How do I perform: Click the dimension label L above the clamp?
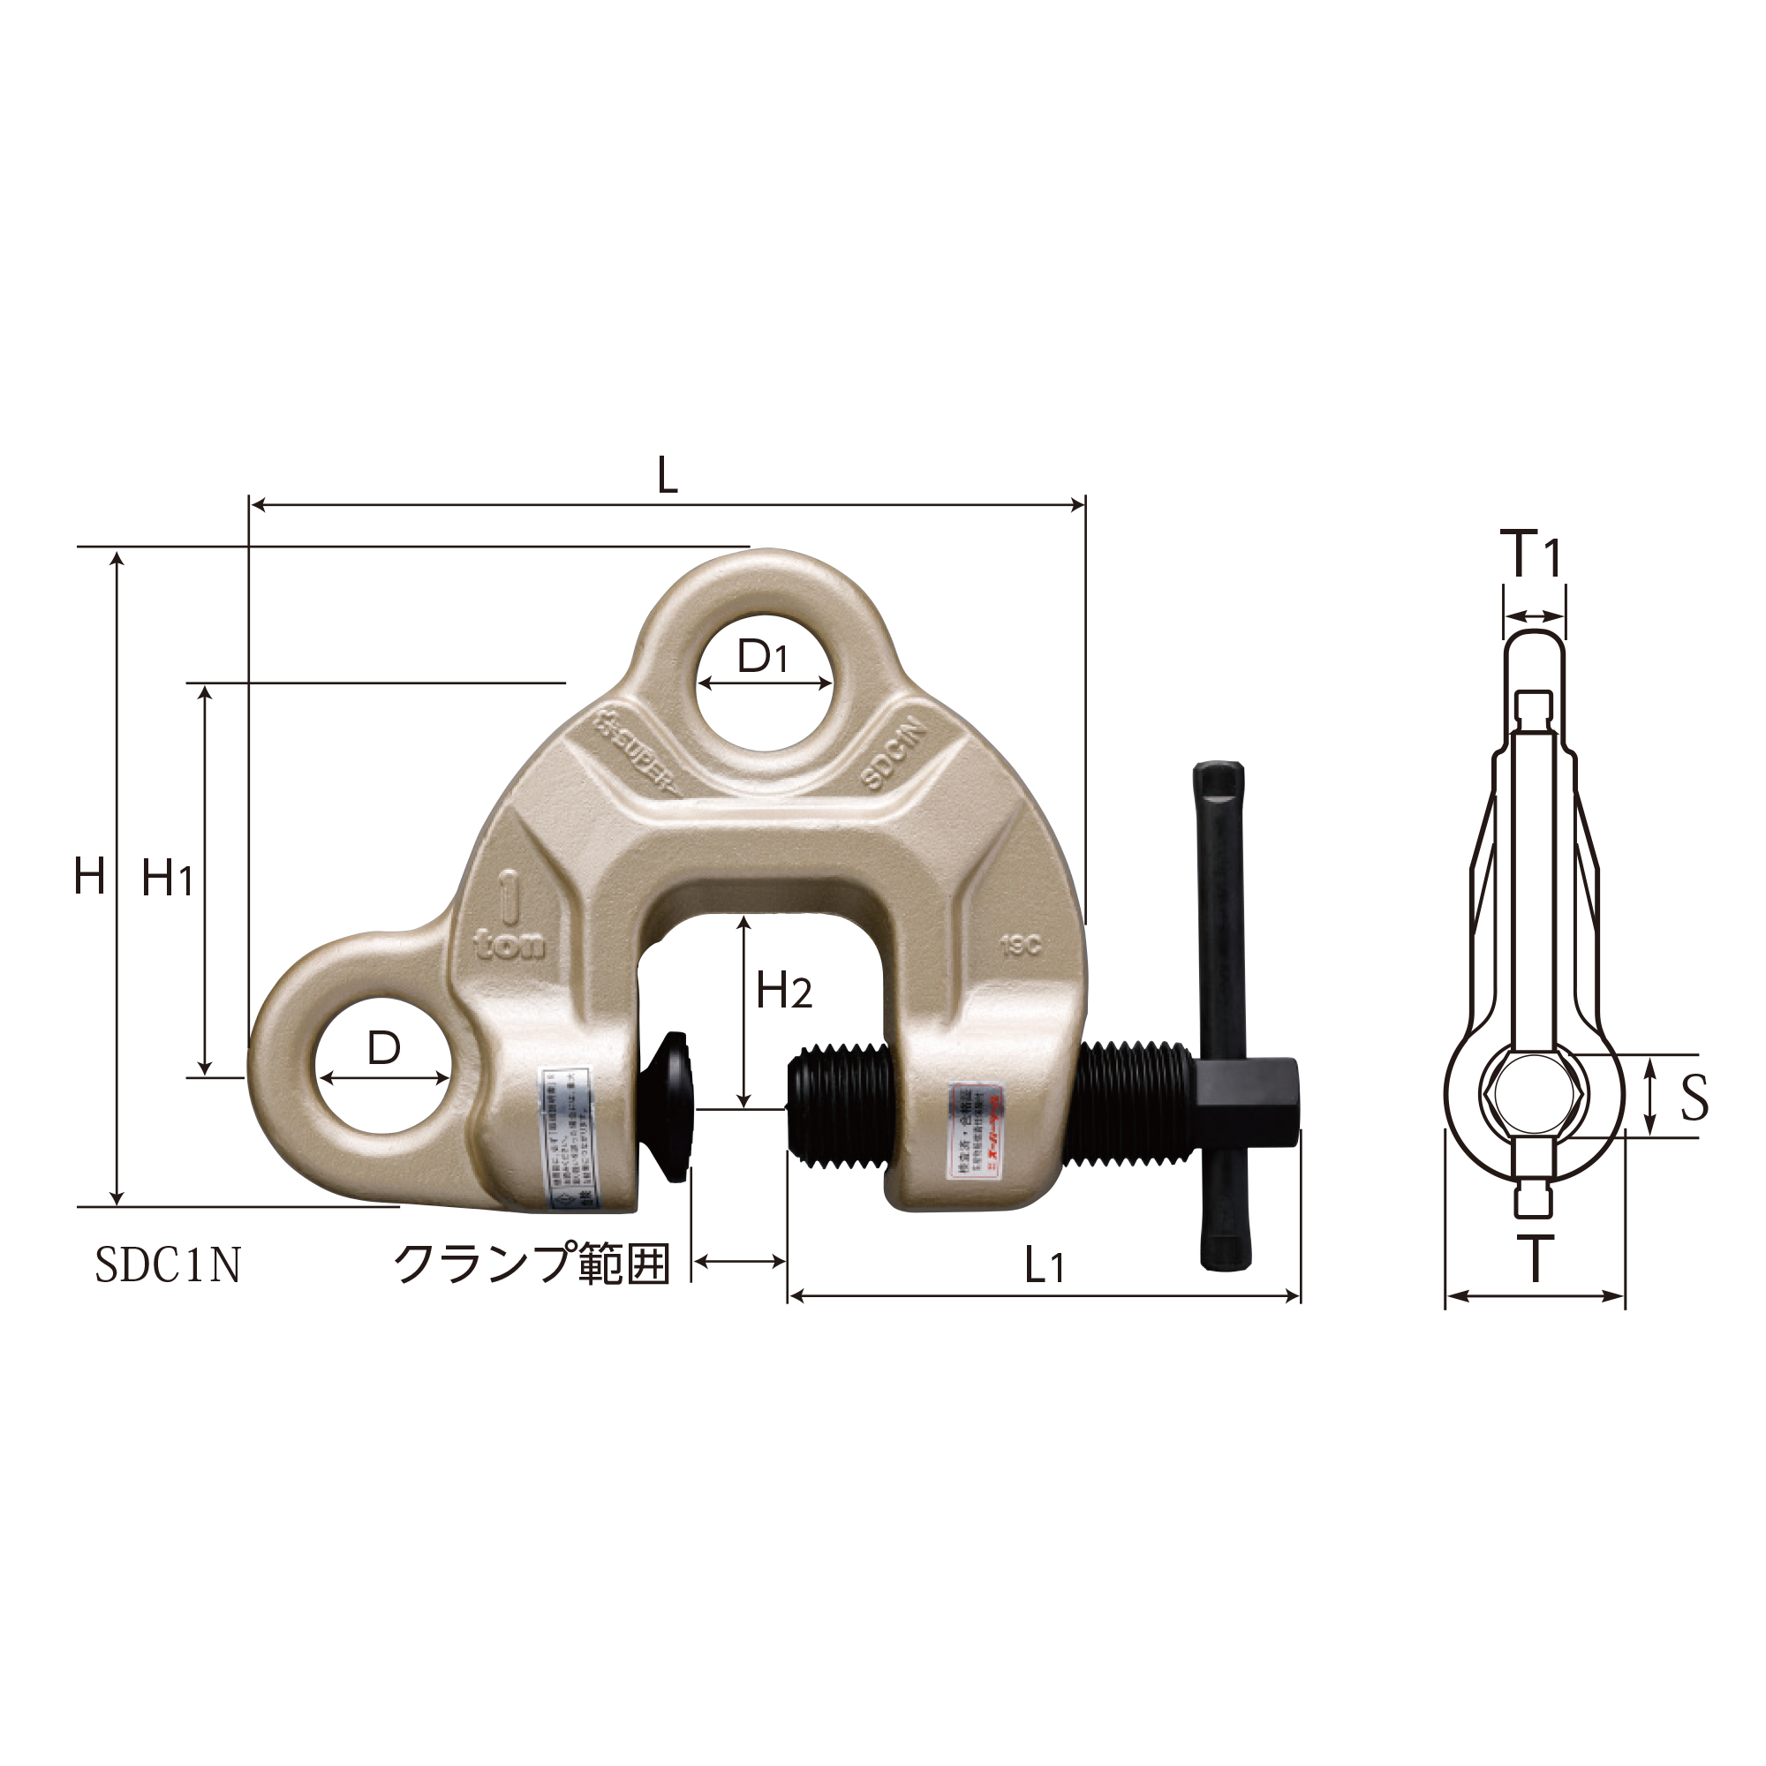pos(668,475)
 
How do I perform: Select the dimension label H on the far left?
pos(89,878)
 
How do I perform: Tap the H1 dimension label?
pos(167,879)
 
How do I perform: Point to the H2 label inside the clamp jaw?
pos(783,991)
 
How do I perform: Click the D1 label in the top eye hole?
pos(762,656)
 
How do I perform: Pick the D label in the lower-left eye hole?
pos(384,1048)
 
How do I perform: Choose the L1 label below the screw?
pos(1043,1266)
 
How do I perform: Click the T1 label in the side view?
pos(1533,554)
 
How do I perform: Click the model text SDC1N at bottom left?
pos(168,1265)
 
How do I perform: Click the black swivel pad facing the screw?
pos(675,1106)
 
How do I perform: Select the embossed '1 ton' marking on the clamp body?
pos(508,918)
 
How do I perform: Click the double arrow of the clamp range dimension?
pos(739,1262)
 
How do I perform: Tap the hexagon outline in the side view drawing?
pos(1533,1096)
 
